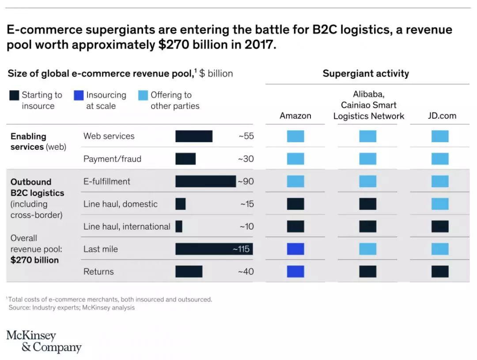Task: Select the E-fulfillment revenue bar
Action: point(205,182)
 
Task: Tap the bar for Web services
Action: point(193,136)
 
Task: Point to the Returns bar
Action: point(189,272)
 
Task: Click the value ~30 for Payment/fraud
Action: point(246,159)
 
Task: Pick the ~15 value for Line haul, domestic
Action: point(247,204)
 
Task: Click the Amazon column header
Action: point(295,116)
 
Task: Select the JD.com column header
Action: point(442,116)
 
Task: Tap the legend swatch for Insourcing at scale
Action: point(79,95)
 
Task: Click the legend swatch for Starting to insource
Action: point(14,95)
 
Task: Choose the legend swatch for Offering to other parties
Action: point(143,95)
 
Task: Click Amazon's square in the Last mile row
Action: point(295,249)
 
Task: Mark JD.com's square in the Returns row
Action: point(440,272)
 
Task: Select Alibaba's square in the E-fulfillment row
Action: point(367,182)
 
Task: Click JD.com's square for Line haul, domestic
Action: point(440,204)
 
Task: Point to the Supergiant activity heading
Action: point(366,73)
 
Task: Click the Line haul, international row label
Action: point(127,227)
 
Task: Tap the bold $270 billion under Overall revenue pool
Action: point(34,260)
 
